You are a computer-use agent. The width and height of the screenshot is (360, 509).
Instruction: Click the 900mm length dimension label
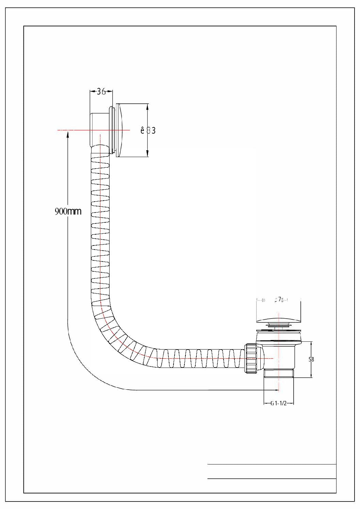click(x=68, y=211)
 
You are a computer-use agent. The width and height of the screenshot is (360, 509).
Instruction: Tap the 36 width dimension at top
click(x=101, y=91)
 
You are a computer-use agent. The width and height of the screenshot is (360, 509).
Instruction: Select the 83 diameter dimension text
click(x=148, y=130)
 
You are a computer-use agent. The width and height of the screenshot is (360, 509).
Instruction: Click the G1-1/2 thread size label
click(x=279, y=404)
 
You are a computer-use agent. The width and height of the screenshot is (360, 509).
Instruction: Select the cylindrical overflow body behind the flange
click(x=99, y=129)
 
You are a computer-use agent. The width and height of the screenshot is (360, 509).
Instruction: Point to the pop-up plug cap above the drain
click(x=278, y=322)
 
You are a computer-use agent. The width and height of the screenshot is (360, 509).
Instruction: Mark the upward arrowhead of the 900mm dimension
click(x=68, y=134)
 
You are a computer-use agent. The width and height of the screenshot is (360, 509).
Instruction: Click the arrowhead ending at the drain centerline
click(x=277, y=390)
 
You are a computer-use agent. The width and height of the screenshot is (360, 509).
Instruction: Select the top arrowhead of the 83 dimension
click(x=147, y=106)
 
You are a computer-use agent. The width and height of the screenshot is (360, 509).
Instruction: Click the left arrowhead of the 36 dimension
click(x=91, y=91)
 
